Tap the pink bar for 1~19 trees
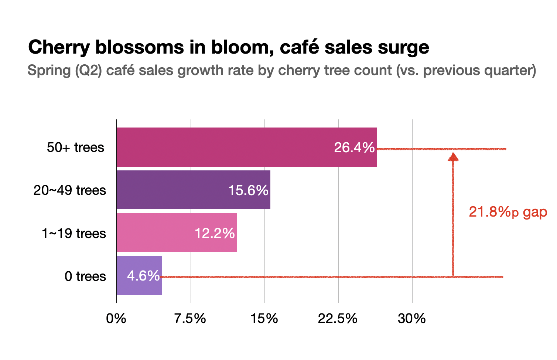pyautogui.click(x=155, y=233)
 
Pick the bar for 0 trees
pyautogui.click(x=122, y=276)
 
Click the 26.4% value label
pyautogui.click(x=354, y=148)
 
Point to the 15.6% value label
pyautogui.click(x=248, y=191)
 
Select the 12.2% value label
pyautogui.click(x=215, y=234)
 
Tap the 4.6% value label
pyautogui.click(x=143, y=276)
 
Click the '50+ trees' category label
pyautogui.click(x=75, y=147)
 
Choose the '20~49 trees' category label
pyautogui.click(x=69, y=190)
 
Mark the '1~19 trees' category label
pyautogui.click(x=74, y=234)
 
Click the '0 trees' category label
pyautogui.click(x=85, y=276)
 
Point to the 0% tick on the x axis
pyautogui.click(x=116, y=318)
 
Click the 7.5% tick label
pyautogui.click(x=190, y=318)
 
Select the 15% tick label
pyautogui.click(x=264, y=318)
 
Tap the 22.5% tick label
pyautogui.click(x=338, y=318)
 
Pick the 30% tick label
pyautogui.click(x=412, y=318)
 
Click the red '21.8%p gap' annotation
pyautogui.click(x=508, y=213)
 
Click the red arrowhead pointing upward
pyautogui.click(x=453, y=157)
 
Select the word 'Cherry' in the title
pyautogui.click(x=59, y=47)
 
